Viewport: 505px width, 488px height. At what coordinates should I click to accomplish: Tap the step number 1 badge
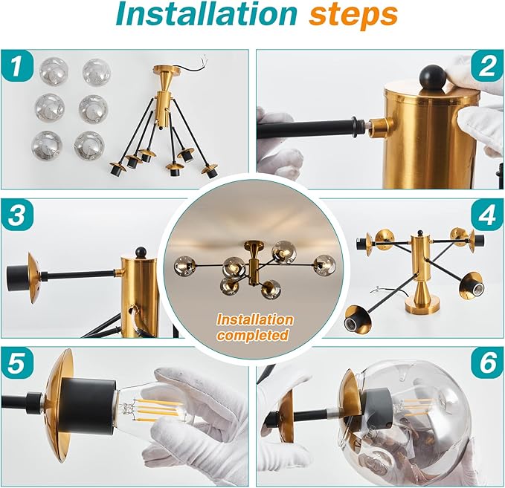click(19, 70)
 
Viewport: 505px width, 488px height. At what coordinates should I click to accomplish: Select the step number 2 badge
click(486, 68)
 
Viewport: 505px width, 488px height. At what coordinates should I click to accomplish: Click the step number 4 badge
click(486, 216)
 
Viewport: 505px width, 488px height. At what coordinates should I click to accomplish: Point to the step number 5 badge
click(19, 365)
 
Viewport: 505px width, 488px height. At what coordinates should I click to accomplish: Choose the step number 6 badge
click(486, 365)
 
